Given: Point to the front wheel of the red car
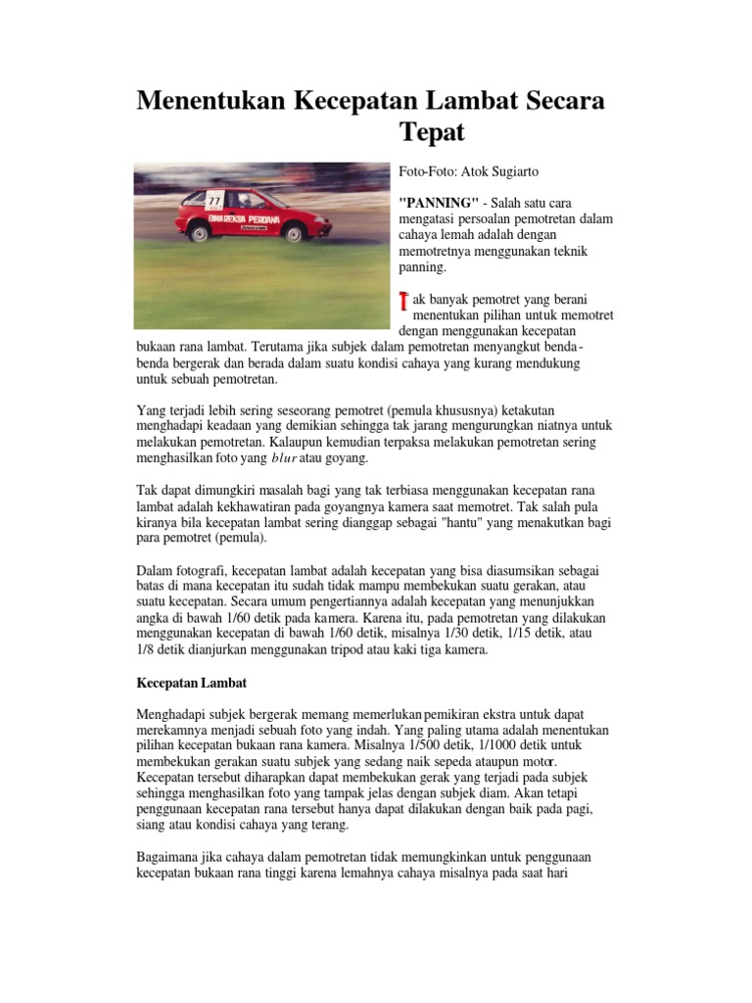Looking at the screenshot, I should (x=293, y=233).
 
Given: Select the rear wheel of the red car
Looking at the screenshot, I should (x=199, y=233).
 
